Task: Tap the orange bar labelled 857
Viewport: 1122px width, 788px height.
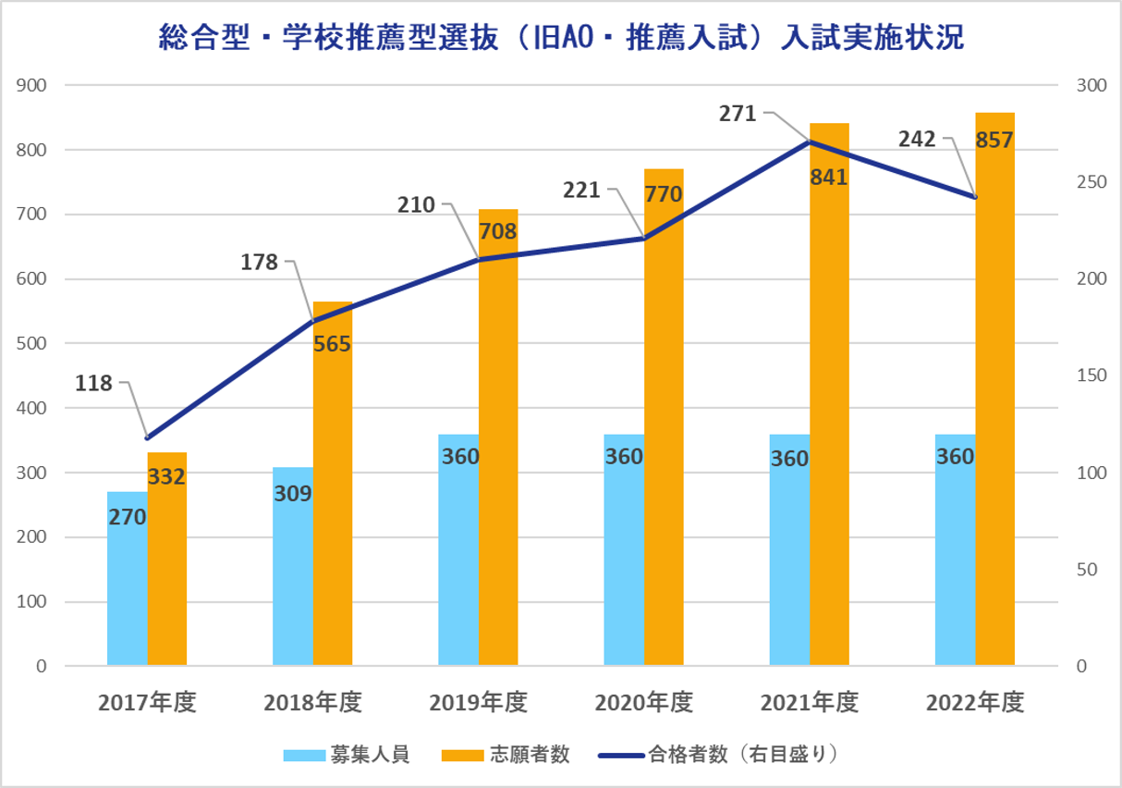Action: pyautogui.click(x=994, y=388)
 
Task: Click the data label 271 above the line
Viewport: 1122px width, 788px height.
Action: pyautogui.click(x=737, y=114)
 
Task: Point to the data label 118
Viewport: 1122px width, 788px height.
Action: pyautogui.click(x=93, y=383)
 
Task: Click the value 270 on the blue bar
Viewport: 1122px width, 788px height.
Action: pyautogui.click(x=128, y=517)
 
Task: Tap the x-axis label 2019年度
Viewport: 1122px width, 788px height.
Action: pyautogui.click(x=479, y=703)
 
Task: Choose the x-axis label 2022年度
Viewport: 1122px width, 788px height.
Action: pyautogui.click(x=975, y=703)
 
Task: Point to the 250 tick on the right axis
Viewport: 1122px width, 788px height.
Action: pyautogui.click(x=1092, y=182)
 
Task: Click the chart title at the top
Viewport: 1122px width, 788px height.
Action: pyautogui.click(x=561, y=38)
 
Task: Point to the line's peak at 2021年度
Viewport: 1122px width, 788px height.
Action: pyautogui.click(x=810, y=142)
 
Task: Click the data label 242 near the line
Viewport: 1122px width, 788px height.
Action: pyautogui.click(x=917, y=140)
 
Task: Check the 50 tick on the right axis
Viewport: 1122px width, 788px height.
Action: pyautogui.click(x=1087, y=570)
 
